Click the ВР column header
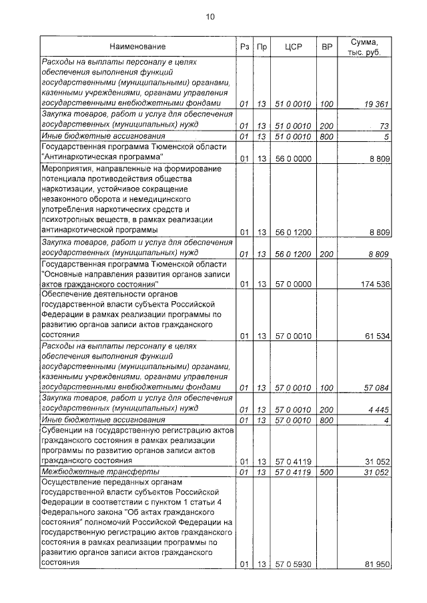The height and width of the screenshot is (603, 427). coord(326,47)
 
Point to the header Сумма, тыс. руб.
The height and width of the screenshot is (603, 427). coord(366,47)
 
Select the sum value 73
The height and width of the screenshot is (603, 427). coord(384,125)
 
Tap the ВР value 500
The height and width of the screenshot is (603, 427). coord(326,472)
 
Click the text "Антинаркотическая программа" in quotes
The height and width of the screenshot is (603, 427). coord(103,157)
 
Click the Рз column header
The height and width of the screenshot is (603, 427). coord(244,47)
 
